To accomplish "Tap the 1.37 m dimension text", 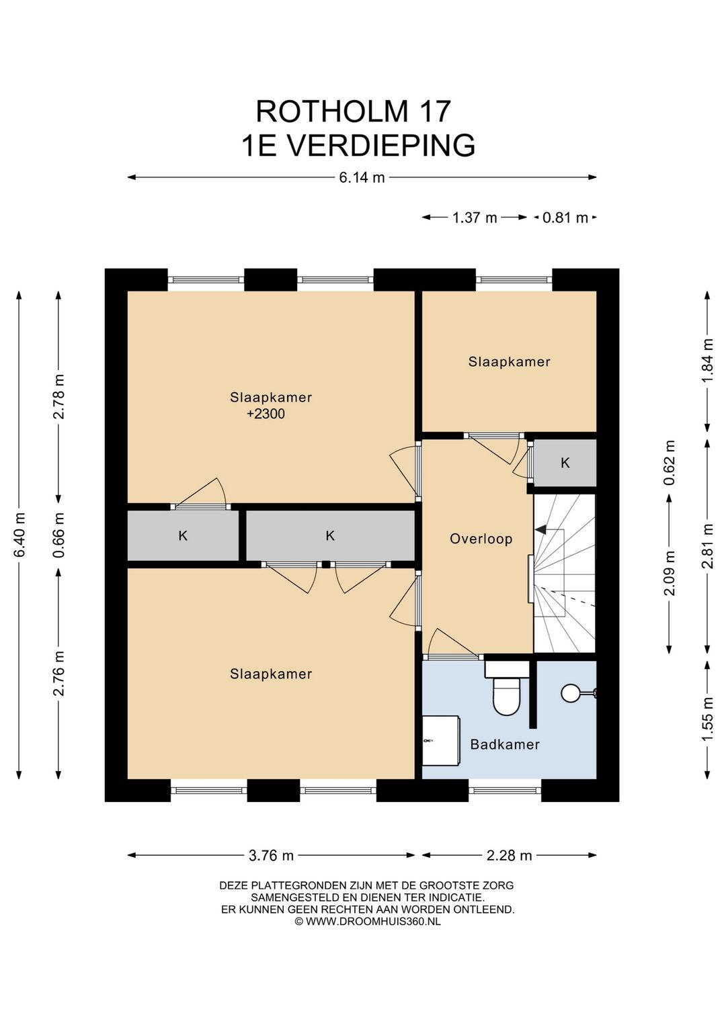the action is pos(475,218).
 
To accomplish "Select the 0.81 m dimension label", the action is pos(565,218).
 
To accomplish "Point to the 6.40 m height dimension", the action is pos(19,535).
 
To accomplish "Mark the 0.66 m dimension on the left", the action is pos(58,534).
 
